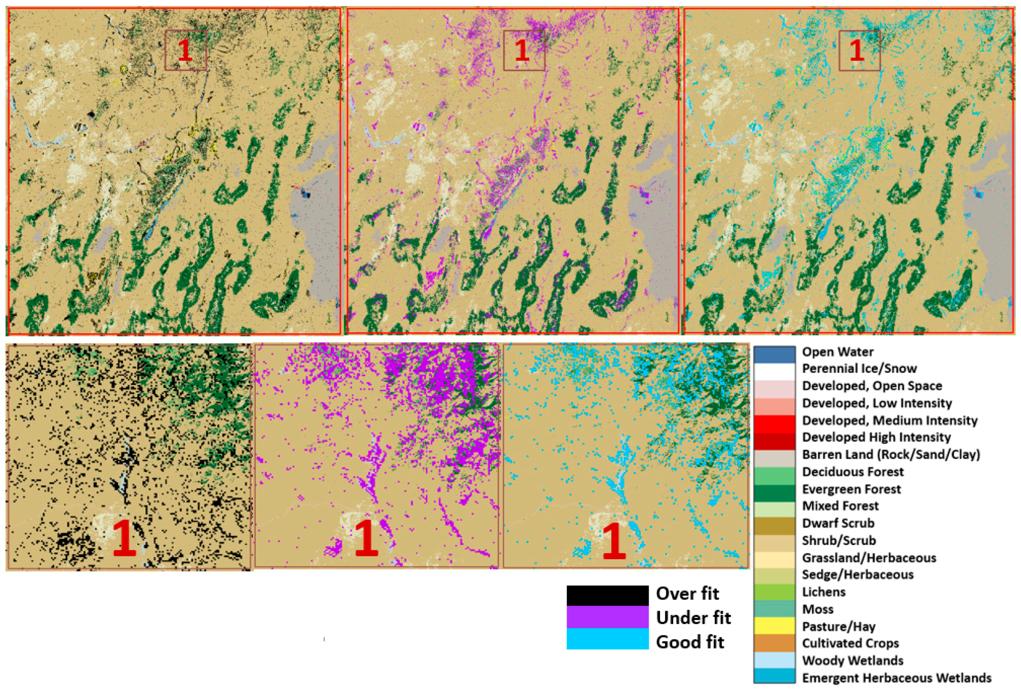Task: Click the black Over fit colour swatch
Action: (607, 595)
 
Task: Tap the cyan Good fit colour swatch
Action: (607, 639)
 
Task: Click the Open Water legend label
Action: (837, 352)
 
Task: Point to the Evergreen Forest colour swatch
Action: (774, 492)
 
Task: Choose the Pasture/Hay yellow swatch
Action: (774, 626)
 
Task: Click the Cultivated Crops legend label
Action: (850, 643)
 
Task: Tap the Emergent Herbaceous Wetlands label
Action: (896, 678)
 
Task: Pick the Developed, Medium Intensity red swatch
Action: (774, 423)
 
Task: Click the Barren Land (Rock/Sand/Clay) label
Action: (891, 454)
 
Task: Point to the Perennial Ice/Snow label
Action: (859, 369)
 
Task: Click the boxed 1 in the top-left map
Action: (185, 50)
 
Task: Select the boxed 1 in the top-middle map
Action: (522, 50)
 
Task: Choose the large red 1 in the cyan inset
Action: (614, 540)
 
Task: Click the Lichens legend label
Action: (823, 592)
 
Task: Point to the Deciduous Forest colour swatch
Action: (774, 475)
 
